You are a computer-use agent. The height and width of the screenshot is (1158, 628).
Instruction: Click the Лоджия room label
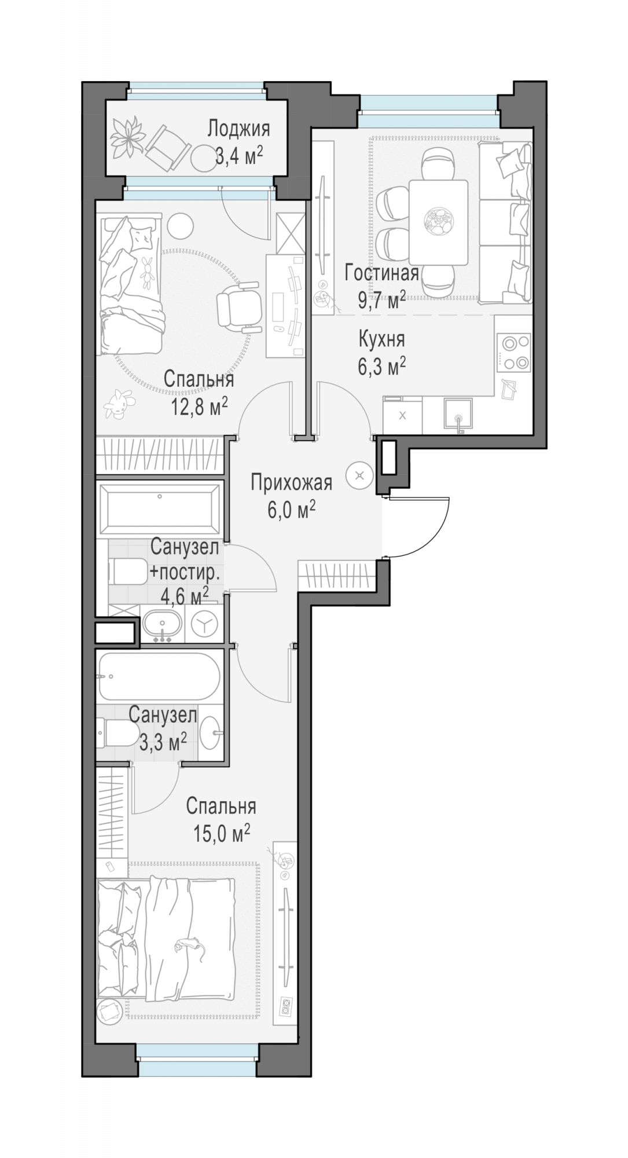pos(238,129)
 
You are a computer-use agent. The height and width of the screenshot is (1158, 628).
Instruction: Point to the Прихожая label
pos(291,483)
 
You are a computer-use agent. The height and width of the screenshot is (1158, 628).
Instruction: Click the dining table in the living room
pos(438,222)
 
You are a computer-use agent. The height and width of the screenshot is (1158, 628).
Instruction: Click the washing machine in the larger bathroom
pos(204,624)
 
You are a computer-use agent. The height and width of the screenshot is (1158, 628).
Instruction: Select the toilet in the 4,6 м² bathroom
pos(128,571)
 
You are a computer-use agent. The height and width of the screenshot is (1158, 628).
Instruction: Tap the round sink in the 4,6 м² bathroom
pos(163,623)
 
